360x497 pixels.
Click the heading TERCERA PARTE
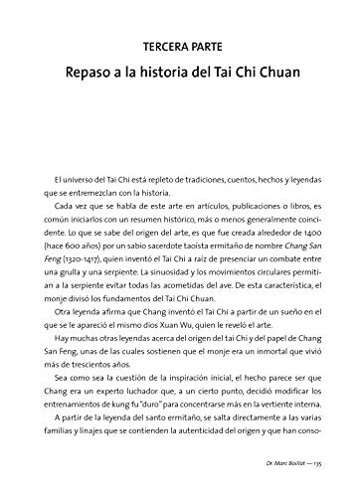[x=179, y=47]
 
